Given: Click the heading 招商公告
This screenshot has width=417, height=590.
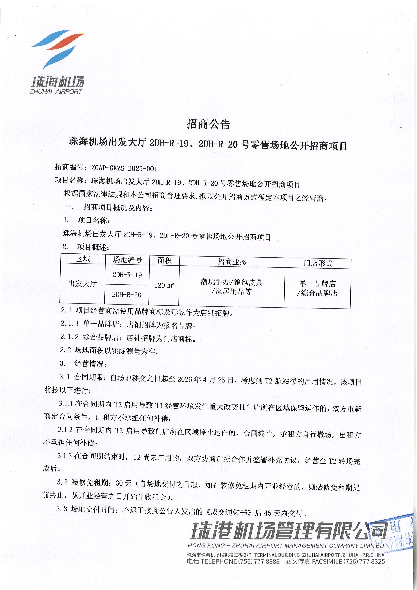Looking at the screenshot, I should click(x=208, y=124).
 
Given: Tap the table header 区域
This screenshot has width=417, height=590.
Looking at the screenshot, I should click(x=83, y=259).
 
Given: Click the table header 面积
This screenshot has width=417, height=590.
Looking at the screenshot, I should click(x=164, y=261).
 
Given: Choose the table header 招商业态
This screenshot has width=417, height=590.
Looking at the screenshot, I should click(x=232, y=262).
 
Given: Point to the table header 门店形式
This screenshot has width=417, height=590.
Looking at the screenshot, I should click(x=318, y=263).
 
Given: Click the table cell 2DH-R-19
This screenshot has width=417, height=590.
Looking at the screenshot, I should click(x=127, y=275).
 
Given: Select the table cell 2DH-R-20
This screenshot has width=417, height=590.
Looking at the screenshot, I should click(x=127, y=295).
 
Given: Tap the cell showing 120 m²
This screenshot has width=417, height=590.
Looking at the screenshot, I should click(x=164, y=285).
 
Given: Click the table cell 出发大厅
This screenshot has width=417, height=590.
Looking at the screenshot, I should click(x=82, y=283).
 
